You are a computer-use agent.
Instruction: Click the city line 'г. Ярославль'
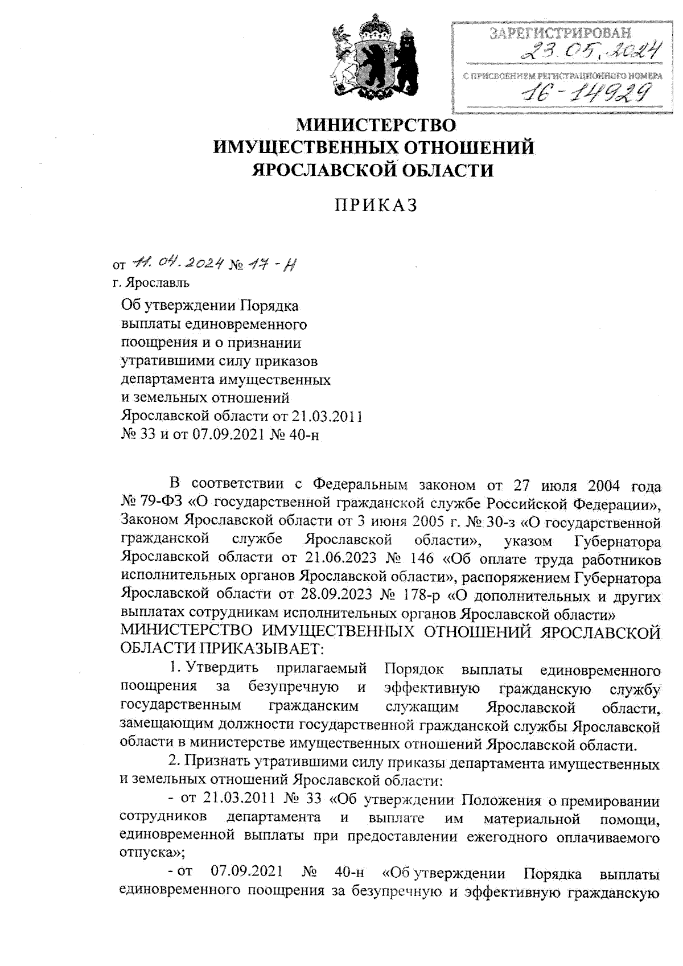151,282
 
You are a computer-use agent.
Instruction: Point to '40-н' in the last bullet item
351,873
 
